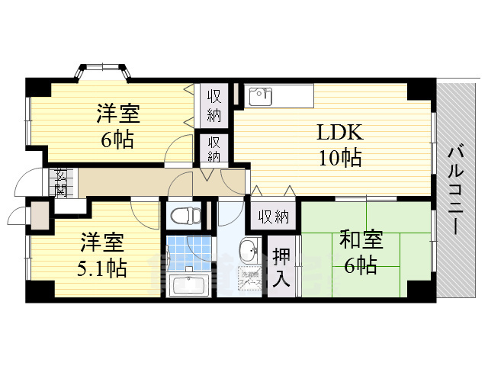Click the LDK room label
point(341,133)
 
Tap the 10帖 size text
point(341,158)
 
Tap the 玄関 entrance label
point(59,183)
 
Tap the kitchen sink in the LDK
point(261,96)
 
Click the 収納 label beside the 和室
point(273,217)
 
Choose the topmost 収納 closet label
point(213,106)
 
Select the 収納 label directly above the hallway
point(214,149)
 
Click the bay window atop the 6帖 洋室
point(102,72)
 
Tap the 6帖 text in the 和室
point(361,265)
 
